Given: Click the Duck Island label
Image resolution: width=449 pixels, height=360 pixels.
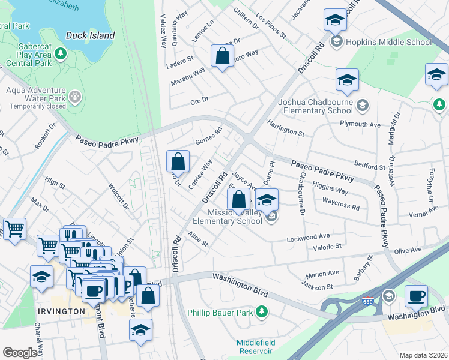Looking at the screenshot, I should point(90,35).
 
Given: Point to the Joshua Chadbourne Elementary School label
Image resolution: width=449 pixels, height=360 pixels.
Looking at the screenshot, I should point(316,106).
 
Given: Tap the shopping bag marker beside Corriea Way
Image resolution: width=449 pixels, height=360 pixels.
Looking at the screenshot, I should point(178,161).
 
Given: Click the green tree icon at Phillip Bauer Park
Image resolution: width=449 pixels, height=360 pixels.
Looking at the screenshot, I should point(261,311).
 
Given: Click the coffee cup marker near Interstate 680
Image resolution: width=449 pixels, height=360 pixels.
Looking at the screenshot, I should point(415,296).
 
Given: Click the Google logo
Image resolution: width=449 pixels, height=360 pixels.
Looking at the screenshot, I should point(20,353).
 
